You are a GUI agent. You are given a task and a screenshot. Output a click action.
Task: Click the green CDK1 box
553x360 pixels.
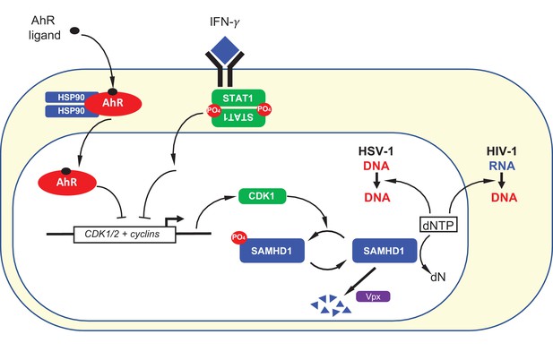(x=263, y=196)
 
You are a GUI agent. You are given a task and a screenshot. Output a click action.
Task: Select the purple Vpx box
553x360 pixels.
(x=373, y=296)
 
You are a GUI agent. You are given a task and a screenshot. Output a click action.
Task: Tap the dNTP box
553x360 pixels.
(x=439, y=225)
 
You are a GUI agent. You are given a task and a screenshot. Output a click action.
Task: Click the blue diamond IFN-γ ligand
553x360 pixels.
(x=225, y=49)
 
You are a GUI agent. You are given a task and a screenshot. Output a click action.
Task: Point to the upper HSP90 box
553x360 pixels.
(x=71, y=98)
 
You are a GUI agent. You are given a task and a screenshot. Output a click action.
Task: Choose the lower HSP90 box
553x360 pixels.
(x=71, y=111)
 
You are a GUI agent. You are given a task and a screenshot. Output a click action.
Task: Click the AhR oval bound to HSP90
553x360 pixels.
(x=113, y=103)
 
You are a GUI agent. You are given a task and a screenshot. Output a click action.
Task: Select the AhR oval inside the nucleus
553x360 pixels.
(x=67, y=182)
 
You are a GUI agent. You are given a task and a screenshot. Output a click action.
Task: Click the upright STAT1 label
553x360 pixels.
(x=238, y=98)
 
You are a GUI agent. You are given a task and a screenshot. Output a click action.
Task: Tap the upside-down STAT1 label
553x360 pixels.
(x=238, y=117)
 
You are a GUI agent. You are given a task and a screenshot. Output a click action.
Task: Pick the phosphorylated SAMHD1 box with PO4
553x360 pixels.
(x=272, y=251)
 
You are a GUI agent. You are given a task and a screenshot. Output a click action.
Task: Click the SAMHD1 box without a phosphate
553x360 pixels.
(x=385, y=251)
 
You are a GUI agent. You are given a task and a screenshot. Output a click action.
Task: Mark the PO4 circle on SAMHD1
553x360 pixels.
(x=239, y=238)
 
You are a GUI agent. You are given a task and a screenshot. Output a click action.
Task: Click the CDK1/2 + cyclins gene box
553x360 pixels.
(x=125, y=235)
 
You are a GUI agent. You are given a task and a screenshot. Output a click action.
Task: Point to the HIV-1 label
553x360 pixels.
(x=502, y=151)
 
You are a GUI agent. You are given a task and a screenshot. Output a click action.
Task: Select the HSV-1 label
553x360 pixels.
(x=376, y=151)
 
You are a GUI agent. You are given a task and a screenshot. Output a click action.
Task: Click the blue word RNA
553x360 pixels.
(x=502, y=166)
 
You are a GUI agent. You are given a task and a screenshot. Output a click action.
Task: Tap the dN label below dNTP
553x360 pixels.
(x=438, y=278)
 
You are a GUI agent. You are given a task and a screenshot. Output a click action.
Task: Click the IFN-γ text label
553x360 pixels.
(x=225, y=22)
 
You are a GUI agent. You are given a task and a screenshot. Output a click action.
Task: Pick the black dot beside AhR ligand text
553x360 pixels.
(x=74, y=30)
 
